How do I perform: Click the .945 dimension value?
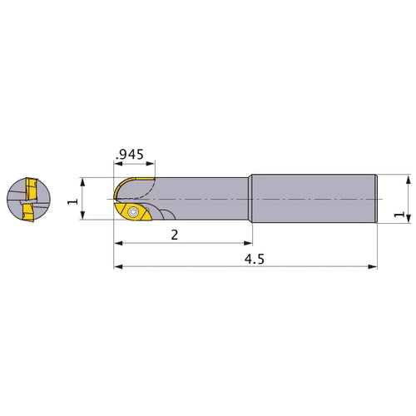click(130, 155)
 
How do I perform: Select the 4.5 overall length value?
click(255, 260)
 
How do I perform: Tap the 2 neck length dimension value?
click(175, 235)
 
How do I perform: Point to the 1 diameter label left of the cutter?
click(73, 201)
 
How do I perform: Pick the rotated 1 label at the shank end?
click(399, 215)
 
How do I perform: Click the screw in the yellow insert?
click(133, 212)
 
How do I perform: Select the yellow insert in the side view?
click(133, 212)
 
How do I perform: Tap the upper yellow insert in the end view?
click(32, 189)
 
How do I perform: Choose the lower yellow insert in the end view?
click(28, 213)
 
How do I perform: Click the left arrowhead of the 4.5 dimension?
click(118, 267)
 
